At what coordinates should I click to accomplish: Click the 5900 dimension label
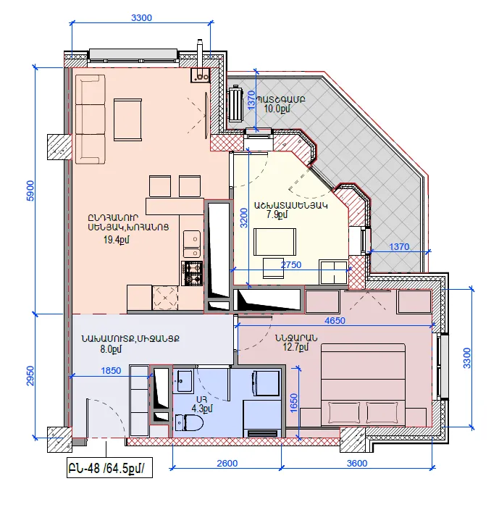30,191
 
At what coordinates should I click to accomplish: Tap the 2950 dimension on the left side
30,376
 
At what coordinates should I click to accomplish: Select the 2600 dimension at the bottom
227,463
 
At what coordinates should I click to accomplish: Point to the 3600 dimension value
356,463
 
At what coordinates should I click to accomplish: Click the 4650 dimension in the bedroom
335,321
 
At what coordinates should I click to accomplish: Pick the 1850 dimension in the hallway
111,370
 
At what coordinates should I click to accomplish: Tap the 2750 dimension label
291,264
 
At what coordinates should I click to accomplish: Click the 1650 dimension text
293,403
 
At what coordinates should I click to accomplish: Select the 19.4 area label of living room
117,240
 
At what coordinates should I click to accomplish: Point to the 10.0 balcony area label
277,109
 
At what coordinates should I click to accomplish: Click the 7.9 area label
277,214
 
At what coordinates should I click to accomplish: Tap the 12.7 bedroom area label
295,347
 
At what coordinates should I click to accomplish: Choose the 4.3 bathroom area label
202,408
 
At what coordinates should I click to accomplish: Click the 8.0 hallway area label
111,349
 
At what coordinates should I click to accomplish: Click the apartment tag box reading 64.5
109,468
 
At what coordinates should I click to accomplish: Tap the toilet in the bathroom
189,423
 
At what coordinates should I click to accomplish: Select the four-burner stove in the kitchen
192,273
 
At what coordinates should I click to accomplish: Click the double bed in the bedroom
363,385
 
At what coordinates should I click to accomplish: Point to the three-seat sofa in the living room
91,120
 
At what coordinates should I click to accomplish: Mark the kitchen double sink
192,244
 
